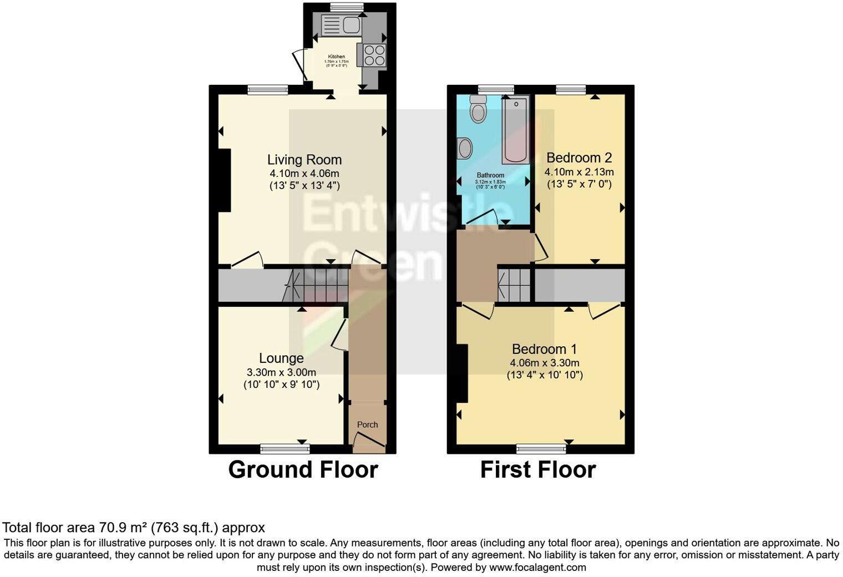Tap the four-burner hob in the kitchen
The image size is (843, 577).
(374, 55)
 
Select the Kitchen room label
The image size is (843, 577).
(337, 57)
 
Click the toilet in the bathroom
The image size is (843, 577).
(477, 109)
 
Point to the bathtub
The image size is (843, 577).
(516, 130)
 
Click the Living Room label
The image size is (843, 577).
(304, 160)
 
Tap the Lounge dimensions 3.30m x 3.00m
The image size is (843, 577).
(282, 372)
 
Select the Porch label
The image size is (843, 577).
(367, 424)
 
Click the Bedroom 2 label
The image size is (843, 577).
(579, 158)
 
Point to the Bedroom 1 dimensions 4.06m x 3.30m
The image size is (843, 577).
(545, 363)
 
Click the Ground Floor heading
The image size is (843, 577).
(303, 469)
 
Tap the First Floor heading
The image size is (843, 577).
(537, 469)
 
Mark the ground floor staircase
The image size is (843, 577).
(316, 285)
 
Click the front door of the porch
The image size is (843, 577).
(369, 442)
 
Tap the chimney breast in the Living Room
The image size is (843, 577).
(224, 180)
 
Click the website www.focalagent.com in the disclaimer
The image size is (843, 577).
(537, 568)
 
